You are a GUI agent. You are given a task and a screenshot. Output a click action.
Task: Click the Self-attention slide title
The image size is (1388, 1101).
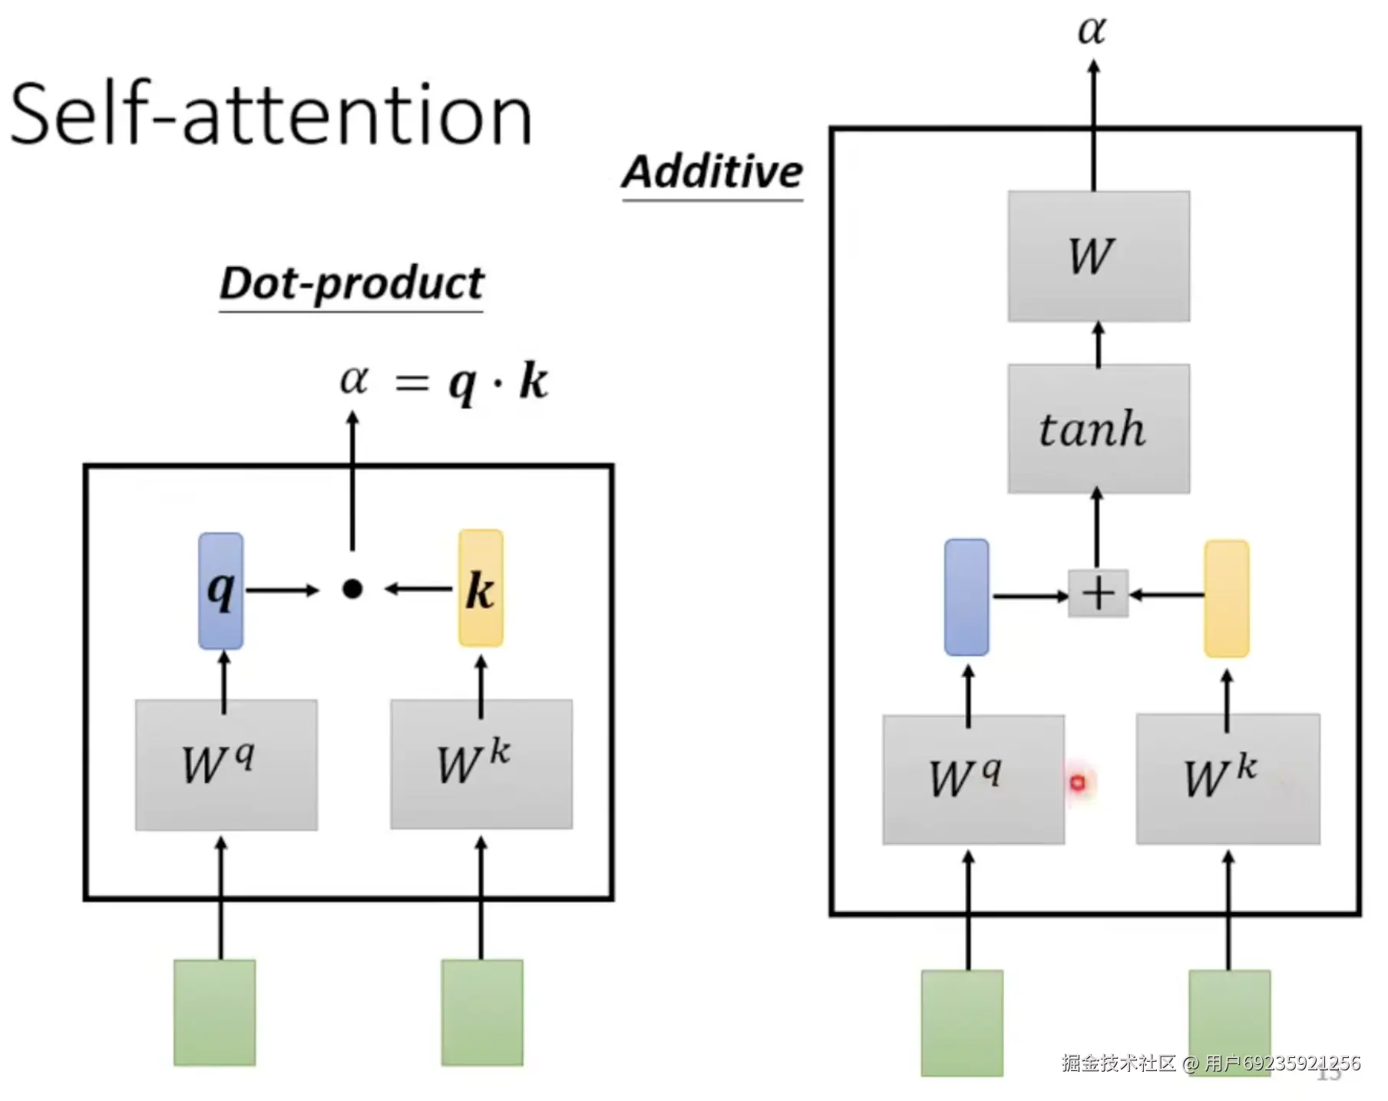coord(270,115)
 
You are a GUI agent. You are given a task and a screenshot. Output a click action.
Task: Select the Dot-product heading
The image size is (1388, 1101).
coord(352,283)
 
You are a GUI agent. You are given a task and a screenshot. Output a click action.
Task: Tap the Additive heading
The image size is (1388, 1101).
coord(712,171)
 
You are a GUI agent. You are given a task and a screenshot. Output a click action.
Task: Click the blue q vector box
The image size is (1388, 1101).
coord(221,590)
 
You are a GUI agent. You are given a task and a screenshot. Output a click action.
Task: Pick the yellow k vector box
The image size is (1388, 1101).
coord(481,588)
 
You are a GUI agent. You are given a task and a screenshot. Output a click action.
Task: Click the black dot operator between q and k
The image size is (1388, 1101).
coord(352,589)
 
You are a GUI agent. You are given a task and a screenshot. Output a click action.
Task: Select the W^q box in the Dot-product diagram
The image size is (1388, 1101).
coord(226,764)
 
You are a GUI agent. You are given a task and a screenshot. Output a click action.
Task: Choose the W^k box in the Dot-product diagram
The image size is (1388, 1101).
coord(481,764)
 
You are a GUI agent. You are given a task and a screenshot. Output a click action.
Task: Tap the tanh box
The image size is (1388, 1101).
coord(1099,428)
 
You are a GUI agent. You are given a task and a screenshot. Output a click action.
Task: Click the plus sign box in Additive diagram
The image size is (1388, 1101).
coord(1099,593)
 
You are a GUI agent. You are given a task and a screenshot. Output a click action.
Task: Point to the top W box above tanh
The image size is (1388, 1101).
coord(1099,256)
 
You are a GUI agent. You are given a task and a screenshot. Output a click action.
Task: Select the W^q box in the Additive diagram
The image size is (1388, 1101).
coord(973,779)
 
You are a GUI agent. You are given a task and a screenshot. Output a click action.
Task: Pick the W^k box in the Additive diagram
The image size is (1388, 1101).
coord(1228,779)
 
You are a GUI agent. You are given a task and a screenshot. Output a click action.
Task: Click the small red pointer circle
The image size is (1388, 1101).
coord(1078,782)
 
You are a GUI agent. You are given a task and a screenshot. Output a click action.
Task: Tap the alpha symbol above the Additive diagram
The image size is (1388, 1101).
coord(1092,31)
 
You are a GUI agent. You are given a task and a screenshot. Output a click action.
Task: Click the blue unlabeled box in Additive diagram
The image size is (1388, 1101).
coord(967,597)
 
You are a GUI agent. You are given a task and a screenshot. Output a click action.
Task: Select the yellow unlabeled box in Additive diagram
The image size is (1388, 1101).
coord(1227,599)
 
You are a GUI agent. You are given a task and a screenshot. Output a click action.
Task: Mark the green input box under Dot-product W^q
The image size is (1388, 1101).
coord(215,1012)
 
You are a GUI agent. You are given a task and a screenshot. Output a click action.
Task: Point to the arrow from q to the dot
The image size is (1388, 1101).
coord(282,590)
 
